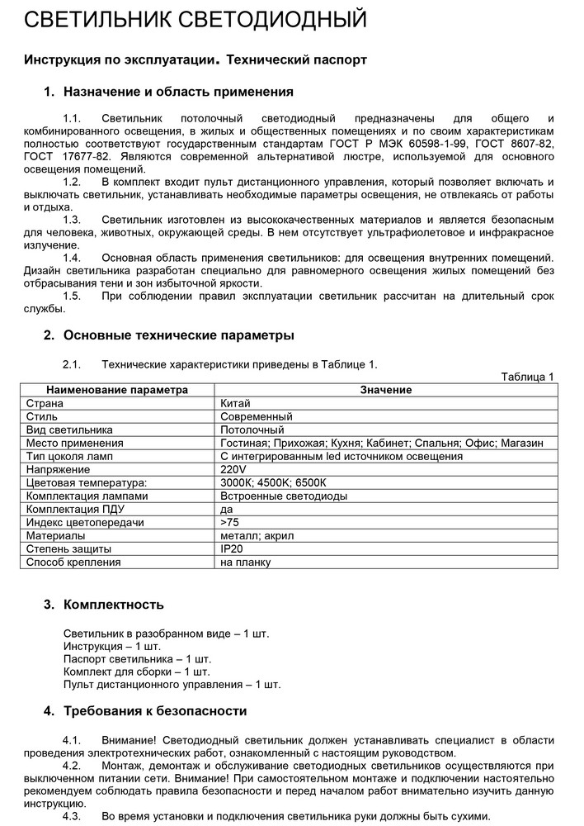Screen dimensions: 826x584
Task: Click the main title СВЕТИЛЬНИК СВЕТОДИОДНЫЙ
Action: (x=195, y=19)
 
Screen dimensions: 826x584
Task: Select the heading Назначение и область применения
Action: (x=177, y=92)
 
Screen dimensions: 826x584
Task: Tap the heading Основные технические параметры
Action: (x=178, y=335)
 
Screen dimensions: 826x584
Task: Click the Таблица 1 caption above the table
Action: (x=527, y=377)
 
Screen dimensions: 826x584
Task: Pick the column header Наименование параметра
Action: (x=117, y=390)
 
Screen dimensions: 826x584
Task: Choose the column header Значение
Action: (x=386, y=390)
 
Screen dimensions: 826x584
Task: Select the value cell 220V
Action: (x=234, y=469)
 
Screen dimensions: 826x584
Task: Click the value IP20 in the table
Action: (x=233, y=548)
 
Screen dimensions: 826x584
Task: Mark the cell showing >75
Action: (x=229, y=522)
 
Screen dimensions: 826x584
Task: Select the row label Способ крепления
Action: (x=73, y=562)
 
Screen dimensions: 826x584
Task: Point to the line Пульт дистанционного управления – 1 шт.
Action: (x=172, y=684)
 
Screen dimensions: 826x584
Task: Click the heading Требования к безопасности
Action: (x=155, y=710)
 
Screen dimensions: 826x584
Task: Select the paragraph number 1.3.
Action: (x=72, y=219)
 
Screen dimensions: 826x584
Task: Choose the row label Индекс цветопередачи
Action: (x=86, y=522)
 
